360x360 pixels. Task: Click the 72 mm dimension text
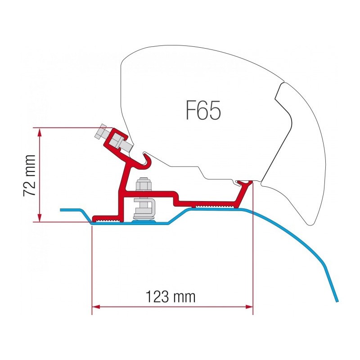[30, 175]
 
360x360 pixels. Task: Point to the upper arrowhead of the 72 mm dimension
[40, 132]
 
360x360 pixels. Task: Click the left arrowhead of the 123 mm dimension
[96, 307]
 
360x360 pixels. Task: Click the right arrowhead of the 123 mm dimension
[249, 307]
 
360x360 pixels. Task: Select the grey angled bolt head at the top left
[100, 132]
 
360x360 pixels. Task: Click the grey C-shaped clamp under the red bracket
[144, 209]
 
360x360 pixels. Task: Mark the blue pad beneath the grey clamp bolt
[144, 221]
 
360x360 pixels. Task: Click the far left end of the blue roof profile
[61, 210]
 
